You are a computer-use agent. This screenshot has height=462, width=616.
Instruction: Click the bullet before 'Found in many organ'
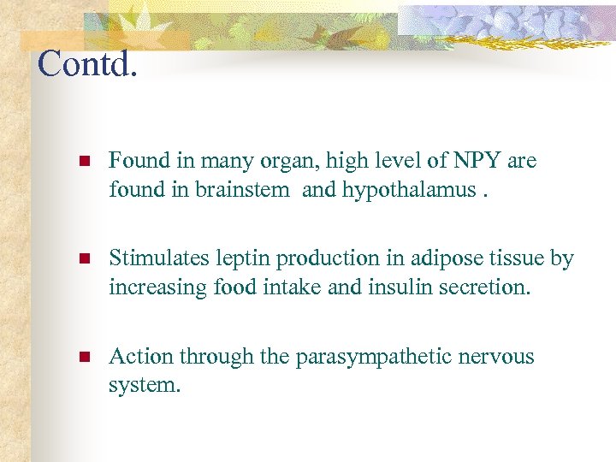pyautogui.click(x=83, y=162)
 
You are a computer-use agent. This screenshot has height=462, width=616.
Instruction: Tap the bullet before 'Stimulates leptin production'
pyautogui.click(x=83, y=259)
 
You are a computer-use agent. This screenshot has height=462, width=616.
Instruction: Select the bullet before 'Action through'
pyautogui.click(x=83, y=357)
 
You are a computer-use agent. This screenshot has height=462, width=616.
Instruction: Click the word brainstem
pyautogui.click(x=242, y=190)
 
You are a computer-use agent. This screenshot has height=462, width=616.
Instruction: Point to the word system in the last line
pyautogui.click(x=144, y=386)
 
